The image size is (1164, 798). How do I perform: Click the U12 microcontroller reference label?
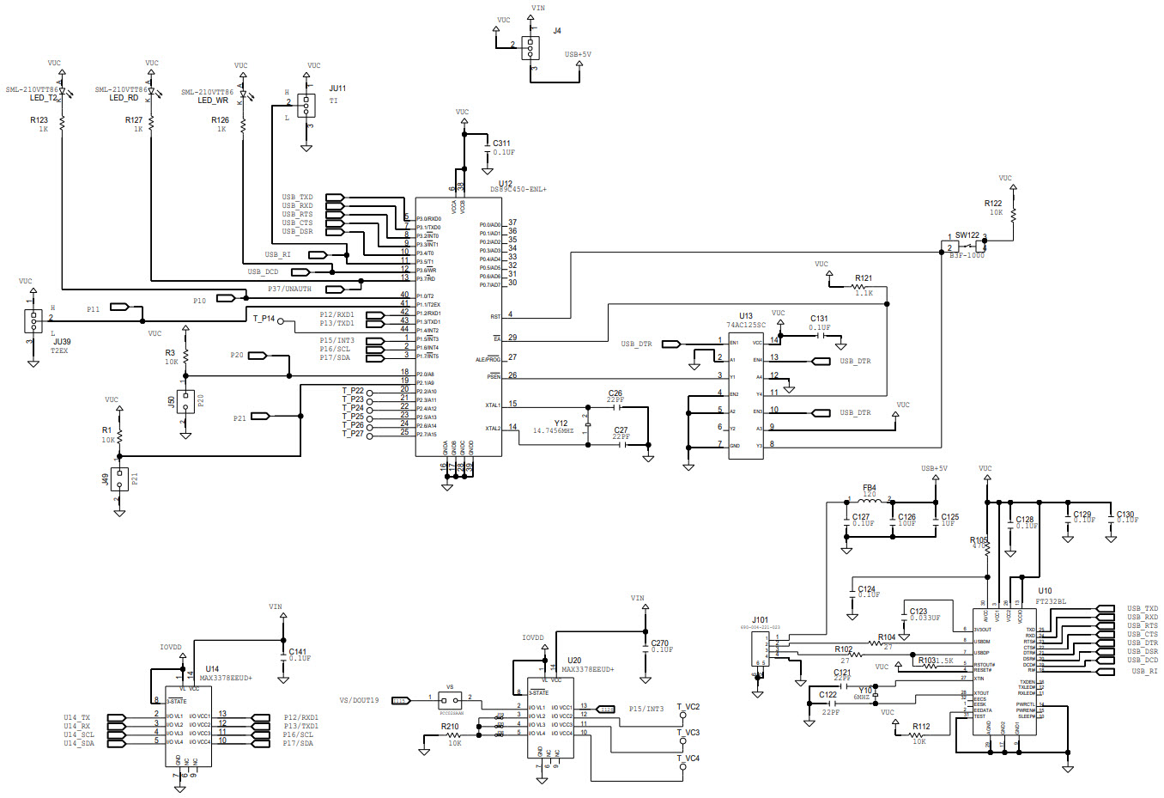505,184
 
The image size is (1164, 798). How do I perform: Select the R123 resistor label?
39,120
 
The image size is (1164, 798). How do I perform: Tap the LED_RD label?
124,98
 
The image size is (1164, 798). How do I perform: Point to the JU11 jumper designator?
337,88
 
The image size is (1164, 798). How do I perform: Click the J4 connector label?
557,31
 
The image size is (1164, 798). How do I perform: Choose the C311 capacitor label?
500,143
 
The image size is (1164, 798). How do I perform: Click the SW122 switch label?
967,235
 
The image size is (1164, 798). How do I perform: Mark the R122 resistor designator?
992,204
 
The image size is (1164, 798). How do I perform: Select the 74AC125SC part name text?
746,326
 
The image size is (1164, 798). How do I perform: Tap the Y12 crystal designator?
561,423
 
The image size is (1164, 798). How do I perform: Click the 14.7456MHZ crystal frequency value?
553,431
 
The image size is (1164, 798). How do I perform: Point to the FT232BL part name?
1050,601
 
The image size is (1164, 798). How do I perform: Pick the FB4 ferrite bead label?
869,488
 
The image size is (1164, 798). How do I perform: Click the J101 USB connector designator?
760,619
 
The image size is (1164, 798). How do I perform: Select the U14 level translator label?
212,668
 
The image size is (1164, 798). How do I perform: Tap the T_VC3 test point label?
688,733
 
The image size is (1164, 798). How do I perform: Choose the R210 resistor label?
450,727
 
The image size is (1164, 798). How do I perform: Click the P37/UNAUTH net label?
289,289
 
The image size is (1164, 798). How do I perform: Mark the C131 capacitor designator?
819,319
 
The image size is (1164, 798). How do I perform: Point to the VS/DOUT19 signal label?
359,700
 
